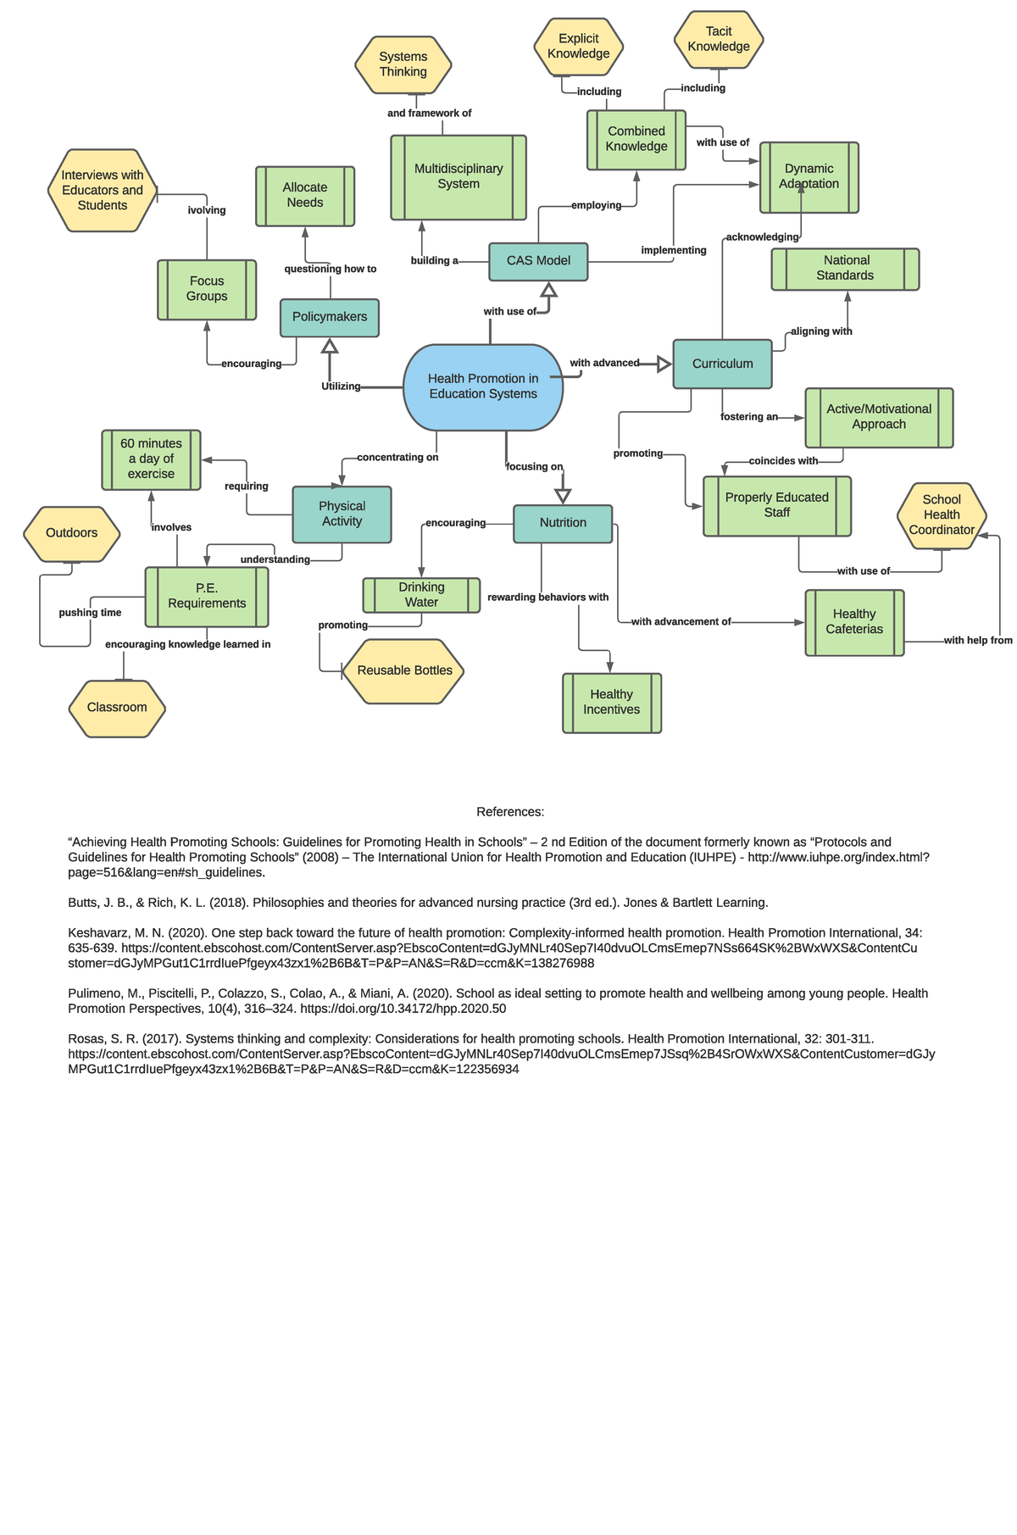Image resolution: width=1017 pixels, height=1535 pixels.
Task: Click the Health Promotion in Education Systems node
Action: (483, 387)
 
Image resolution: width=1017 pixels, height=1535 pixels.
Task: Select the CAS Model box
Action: (538, 261)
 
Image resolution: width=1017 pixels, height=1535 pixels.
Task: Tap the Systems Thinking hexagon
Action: (403, 64)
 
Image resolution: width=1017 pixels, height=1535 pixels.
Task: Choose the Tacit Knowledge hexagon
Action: (719, 39)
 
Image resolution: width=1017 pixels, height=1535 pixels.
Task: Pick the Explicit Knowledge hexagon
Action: (579, 47)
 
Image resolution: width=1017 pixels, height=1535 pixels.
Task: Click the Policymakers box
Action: (330, 317)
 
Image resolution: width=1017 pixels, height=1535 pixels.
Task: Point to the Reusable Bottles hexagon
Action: (404, 670)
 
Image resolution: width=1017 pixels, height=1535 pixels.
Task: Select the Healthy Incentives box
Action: (612, 703)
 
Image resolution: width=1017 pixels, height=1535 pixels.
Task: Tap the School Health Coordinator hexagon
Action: (942, 515)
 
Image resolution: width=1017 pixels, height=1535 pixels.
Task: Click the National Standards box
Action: (845, 269)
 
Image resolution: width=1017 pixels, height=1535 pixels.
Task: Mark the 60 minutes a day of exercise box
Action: (151, 459)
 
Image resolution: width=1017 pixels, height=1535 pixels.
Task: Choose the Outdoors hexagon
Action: (72, 533)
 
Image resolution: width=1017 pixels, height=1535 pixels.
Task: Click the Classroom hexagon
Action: (117, 708)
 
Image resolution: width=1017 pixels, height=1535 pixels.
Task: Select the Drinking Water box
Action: (421, 595)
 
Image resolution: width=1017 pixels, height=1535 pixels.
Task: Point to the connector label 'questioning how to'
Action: (331, 270)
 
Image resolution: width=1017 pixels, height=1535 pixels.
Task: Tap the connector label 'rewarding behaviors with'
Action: (547, 598)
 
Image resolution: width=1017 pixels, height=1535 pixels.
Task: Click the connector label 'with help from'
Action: (978, 641)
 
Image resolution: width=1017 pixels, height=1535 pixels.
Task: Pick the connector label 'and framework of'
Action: (429, 114)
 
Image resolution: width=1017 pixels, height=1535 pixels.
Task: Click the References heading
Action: (510, 812)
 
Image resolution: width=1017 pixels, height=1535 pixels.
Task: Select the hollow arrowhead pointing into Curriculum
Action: (664, 364)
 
